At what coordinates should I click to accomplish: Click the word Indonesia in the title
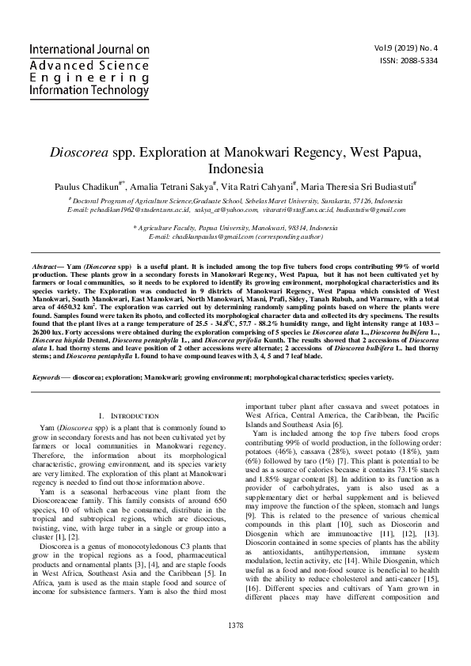pyautogui.click(x=235, y=169)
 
